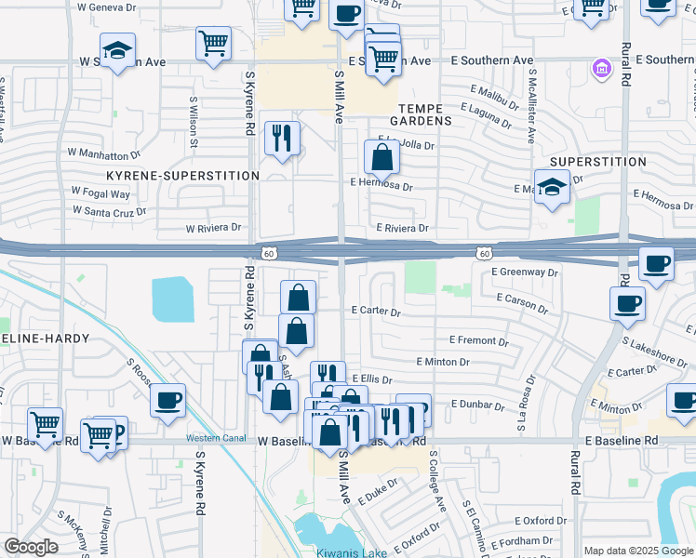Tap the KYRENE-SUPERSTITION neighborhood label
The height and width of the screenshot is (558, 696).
(x=182, y=175)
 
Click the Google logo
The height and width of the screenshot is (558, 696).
(x=31, y=547)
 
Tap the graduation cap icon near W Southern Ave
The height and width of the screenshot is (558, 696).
(x=118, y=52)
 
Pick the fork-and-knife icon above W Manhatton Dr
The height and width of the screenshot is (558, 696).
(x=281, y=139)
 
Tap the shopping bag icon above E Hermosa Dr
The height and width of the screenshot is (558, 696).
(x=381, y=157)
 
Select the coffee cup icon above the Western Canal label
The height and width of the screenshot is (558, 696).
(x=167, y=401)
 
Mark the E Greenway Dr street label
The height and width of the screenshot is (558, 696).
(x=525, y=272)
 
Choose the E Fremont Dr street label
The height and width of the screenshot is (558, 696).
(x=478, y=340)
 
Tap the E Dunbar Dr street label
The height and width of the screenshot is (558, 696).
(x=482, y=404)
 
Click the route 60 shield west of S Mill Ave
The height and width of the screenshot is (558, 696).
(x=268, y=252)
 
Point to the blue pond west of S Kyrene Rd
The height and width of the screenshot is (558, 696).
(x=174, y=299)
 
